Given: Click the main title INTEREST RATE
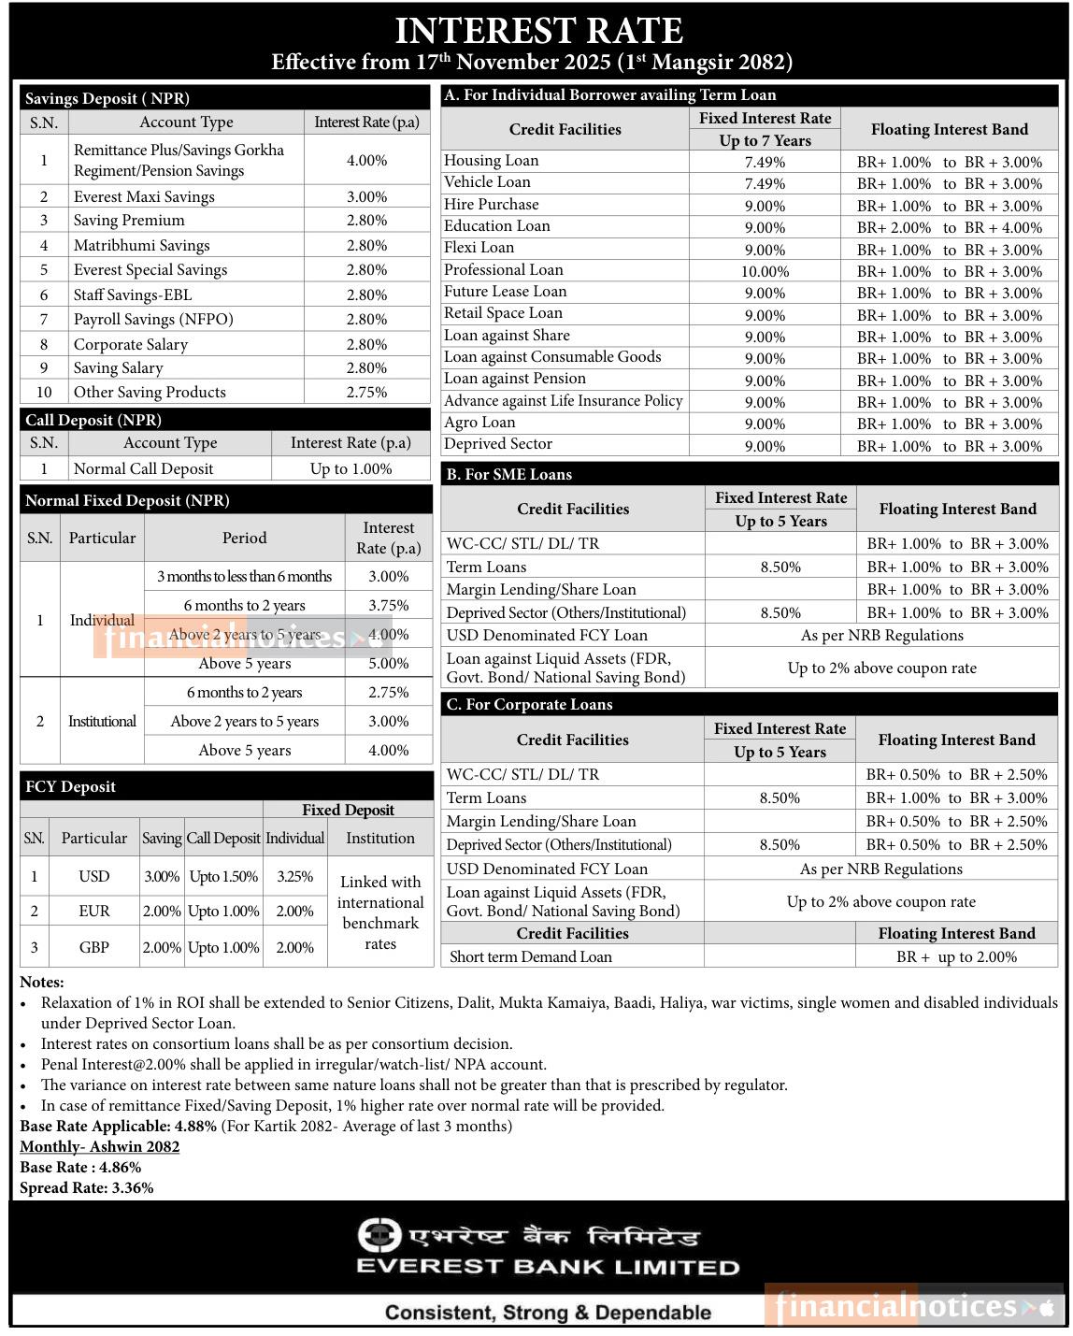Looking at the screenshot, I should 537,31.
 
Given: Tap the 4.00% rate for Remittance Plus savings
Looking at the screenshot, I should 366,160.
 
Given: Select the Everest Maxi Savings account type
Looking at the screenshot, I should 144,196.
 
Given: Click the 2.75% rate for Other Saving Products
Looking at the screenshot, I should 366,392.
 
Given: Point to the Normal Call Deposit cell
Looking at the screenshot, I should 143,468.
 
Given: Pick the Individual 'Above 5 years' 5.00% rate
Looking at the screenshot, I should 388,663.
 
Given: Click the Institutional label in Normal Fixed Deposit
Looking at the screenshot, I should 102,721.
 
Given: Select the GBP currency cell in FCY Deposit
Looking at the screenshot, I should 94,947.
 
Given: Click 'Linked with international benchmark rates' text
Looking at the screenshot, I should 380,912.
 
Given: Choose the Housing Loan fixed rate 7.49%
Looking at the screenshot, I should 765,162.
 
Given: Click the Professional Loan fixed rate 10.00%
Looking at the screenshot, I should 765,271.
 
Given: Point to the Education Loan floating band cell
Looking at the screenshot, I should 949,227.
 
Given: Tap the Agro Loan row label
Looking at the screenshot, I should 479,423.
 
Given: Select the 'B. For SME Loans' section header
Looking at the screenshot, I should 508,474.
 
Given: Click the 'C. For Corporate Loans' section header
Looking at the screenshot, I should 529,704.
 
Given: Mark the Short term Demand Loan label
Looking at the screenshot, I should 531,956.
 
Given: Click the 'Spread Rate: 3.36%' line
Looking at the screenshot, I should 87,1187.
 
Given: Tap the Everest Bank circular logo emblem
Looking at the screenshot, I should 379,1235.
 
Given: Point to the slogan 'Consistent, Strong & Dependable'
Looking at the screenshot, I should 548,1312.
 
